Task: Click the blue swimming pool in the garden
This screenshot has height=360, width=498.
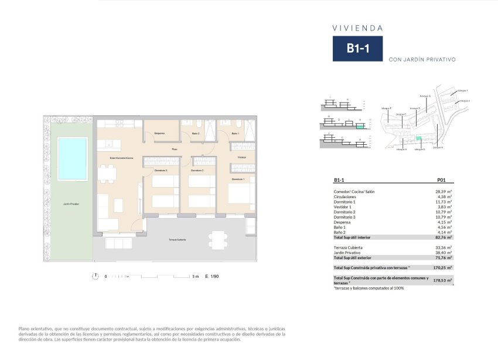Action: pos(73,158)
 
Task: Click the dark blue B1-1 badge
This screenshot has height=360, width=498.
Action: pos(357,49)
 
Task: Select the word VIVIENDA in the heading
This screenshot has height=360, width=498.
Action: pos(357,28)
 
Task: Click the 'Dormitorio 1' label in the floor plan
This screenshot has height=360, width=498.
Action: pos(238,179)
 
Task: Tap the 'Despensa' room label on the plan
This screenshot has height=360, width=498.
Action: pos(159,134)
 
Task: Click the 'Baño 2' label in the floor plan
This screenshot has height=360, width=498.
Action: pos(196,134)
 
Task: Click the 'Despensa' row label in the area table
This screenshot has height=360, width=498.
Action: pos(343,222)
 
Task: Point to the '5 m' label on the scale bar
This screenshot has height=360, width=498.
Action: pos(196,276)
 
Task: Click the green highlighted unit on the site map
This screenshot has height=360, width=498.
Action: pos(418,138)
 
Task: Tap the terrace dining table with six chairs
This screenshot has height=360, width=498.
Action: pos(217,239)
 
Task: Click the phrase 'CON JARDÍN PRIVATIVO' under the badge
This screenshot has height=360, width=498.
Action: pos(421,59)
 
